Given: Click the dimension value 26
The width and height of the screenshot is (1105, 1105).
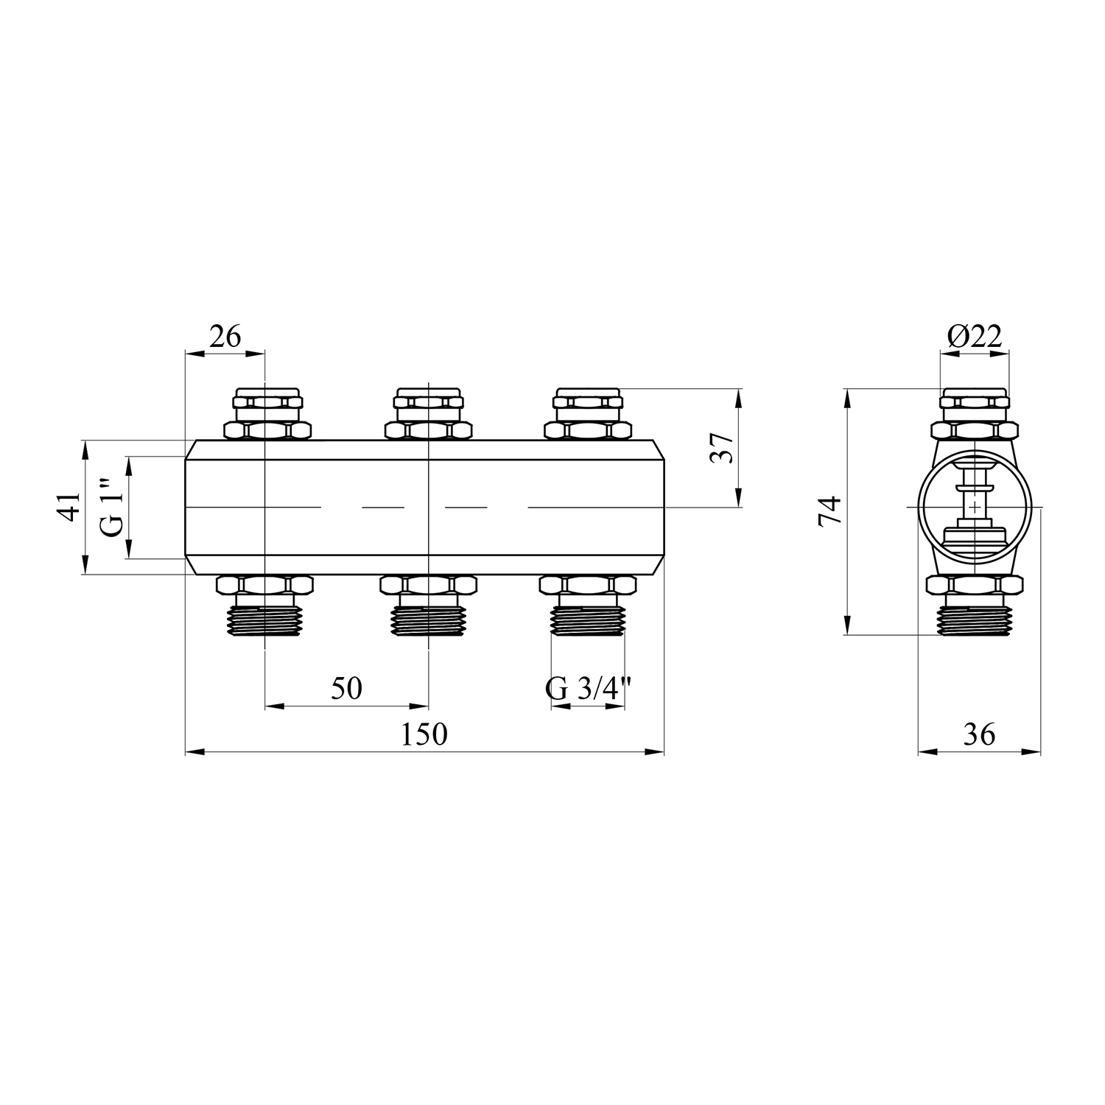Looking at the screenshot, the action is click(x=225, y=337).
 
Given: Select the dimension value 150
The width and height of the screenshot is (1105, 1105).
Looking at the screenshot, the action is click(x=424, y=734).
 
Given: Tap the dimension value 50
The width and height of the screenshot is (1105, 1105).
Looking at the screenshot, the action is click(x=346, y=688).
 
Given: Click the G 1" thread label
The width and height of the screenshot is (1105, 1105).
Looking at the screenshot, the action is click(x=113, y=508).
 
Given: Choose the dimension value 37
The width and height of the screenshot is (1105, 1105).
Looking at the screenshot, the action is click(x=722, y=447).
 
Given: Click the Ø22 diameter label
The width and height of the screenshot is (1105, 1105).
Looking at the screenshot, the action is click(x=975, y=337).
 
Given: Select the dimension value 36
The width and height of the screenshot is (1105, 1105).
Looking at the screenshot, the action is click(x=979, y=734).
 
